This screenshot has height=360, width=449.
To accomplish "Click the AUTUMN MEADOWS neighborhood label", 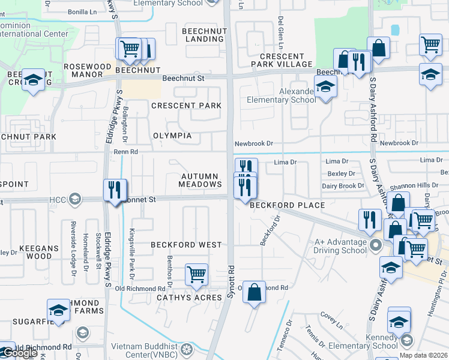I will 202,180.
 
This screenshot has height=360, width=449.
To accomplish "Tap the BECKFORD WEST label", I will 186,245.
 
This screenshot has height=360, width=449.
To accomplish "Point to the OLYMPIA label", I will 172,136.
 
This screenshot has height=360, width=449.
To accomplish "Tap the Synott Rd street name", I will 229,282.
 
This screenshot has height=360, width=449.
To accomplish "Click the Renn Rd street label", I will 125,152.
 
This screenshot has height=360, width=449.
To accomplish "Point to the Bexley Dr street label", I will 342,173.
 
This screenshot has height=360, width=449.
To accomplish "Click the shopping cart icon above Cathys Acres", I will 196,275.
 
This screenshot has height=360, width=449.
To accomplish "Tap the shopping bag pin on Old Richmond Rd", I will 255,292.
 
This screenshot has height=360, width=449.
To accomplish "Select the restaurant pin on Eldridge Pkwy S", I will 114,190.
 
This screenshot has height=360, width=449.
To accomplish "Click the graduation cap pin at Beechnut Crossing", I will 33,80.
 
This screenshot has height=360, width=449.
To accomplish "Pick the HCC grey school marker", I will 74,199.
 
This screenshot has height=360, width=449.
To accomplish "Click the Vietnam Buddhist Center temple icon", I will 187,349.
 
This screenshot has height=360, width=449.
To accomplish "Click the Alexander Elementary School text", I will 289,95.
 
